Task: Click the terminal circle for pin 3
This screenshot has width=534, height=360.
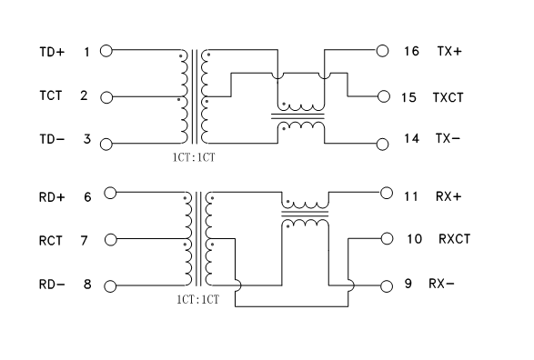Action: pos(106,143)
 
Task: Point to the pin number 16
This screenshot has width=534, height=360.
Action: pos(410,52)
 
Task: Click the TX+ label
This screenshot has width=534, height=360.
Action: pos(449,52)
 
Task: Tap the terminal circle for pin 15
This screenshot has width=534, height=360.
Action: pos(382,96)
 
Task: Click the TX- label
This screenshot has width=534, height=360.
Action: pos(448,140)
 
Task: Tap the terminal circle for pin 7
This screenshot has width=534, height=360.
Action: pos(112,240)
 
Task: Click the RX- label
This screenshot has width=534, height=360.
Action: pos(441,285)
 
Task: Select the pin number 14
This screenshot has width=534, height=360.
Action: pos(410,140)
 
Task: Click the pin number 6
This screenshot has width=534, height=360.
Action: pos(88,195)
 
